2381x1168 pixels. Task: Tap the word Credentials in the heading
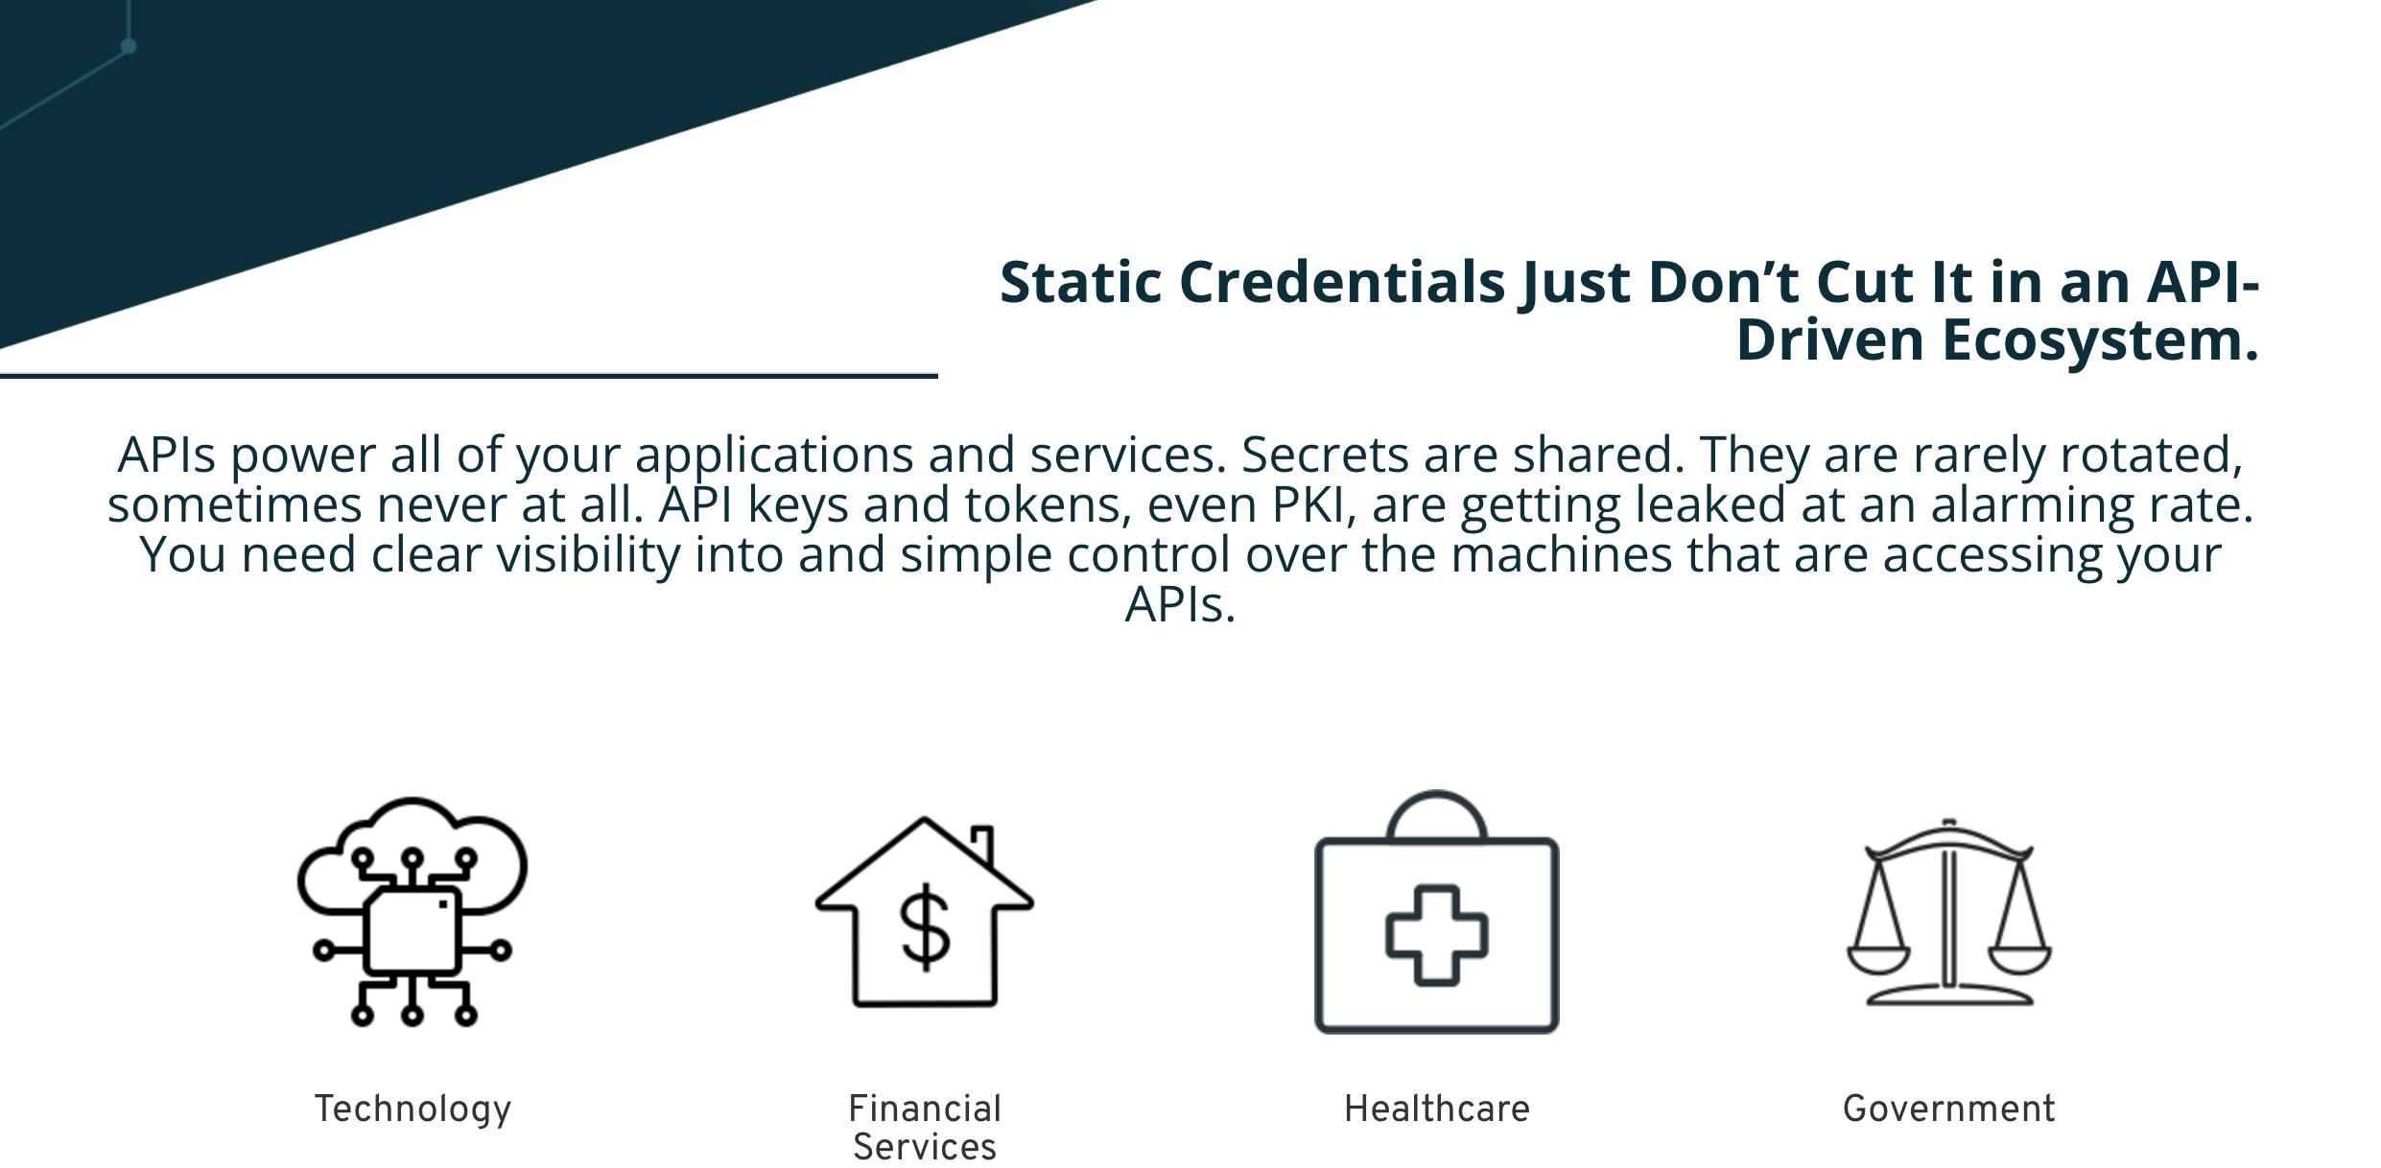1342,283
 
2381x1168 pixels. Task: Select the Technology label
413,1110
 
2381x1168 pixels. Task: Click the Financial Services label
925,1128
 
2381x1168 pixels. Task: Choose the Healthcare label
1437,1110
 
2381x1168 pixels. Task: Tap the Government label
1949,1110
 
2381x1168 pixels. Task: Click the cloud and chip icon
413,911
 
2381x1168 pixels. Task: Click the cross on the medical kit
1437,935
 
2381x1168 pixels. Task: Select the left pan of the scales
1878,959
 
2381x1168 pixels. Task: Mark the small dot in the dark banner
129,46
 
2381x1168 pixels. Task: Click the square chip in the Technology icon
413,930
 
